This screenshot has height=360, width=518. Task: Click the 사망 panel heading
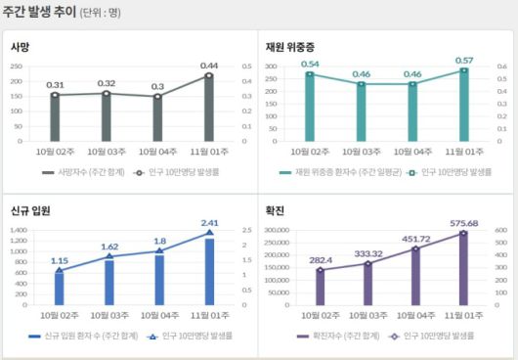tap(22, 46)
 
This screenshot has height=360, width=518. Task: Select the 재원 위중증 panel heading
tap(291, 46)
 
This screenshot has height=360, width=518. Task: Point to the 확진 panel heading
tap(277, 210)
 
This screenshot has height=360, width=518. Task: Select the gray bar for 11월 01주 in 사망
tap(208, 108)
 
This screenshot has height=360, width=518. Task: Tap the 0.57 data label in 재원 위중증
tap(464, 60)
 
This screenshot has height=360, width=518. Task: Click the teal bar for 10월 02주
tap(310, 108)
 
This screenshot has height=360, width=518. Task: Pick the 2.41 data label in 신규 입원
tap(209, 222)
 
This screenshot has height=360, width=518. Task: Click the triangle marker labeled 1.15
tap(59, 271)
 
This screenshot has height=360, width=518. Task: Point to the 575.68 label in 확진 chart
tap(464, 223)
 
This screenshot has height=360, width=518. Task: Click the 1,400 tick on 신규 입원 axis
tap(18, 230)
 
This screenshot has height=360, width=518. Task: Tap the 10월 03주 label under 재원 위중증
tap(361, 153)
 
